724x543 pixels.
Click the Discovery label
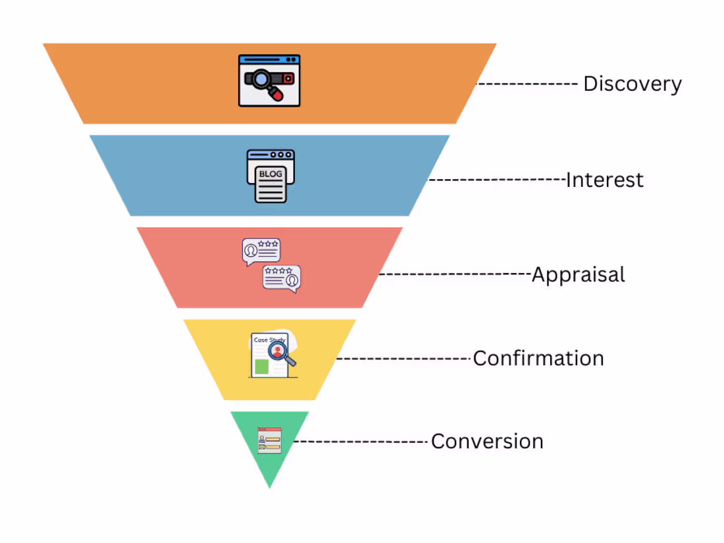[632, 85]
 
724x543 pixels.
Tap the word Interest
[604, 180]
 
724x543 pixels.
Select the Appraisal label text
[578, 274]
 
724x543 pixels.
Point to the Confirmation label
[538, 359]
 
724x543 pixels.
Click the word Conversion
[487, 441]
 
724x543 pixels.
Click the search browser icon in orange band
[269, 81]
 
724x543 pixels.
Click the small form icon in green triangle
[269, 439]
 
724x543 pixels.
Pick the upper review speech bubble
[261, 251]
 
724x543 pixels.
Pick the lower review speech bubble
[282, 278]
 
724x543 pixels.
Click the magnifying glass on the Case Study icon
[281, 351]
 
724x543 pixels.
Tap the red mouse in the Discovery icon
[278, 95]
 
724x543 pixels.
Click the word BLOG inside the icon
[270, 174]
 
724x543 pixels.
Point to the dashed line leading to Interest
[497, 179]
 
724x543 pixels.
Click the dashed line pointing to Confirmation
[404, 359]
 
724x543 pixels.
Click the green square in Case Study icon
[261, 367]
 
